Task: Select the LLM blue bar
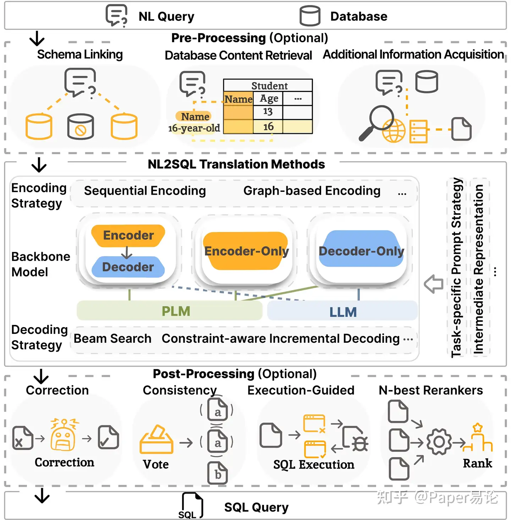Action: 342,312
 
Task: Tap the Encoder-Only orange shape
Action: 246,251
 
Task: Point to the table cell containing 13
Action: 268,112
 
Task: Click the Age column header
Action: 269,98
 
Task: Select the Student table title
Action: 269,86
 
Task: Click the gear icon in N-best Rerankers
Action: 439,442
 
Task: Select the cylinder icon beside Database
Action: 310,16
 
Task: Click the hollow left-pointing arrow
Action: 433,283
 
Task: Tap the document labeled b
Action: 218,473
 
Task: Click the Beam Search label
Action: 112,338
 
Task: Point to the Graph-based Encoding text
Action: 312,191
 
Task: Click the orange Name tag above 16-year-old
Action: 194,117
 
